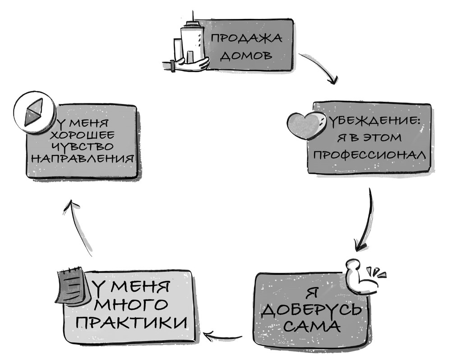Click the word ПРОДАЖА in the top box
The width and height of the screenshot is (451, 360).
coord(245,37)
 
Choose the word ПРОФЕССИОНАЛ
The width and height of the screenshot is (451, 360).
coord(369,155)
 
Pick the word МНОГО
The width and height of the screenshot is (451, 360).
coord(131,304)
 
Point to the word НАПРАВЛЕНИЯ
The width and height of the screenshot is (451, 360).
coord(84,158)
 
